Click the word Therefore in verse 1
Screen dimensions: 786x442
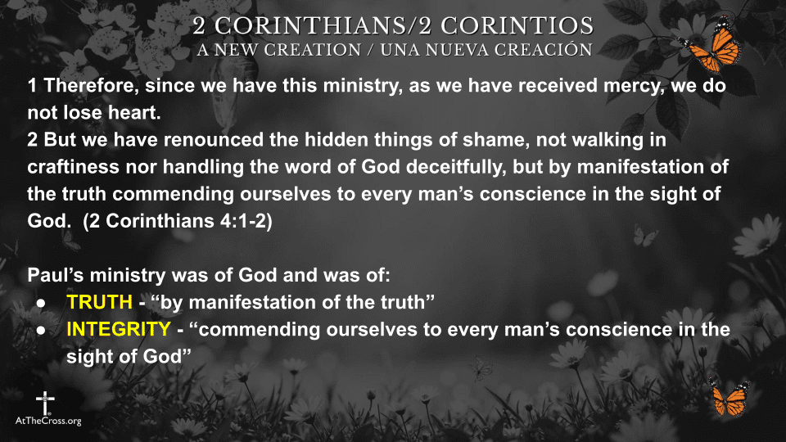tap(91, 86)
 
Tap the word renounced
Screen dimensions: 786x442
tap(214, 140)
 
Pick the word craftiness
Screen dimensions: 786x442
tap(73, 167)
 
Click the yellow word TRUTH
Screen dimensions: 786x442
tap(99, 302)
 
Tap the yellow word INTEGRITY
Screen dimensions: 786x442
tap(119, 329)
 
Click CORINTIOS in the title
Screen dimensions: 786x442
tap(517, 26)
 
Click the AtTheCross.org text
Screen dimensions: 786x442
tap(48, 421)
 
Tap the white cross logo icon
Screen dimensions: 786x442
tap(45, 403)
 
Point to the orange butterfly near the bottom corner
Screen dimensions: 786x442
tap(730, 397)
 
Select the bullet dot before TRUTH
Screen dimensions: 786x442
tap(41, 303)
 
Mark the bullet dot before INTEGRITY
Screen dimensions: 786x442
tap(41, 330)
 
